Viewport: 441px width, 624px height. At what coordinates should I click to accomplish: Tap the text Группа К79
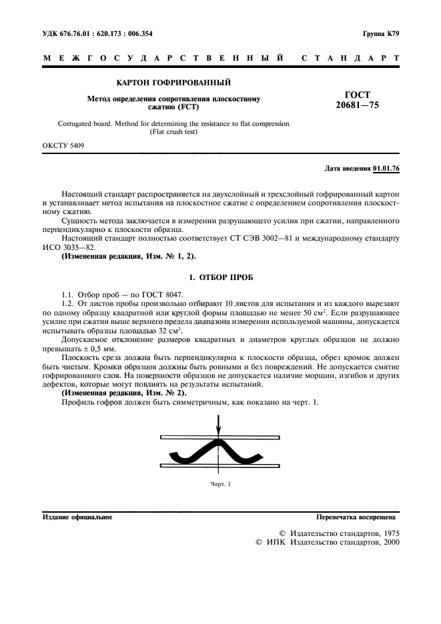pos(380,33)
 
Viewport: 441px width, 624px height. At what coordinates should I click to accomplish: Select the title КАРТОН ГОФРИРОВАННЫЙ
pos(173,83)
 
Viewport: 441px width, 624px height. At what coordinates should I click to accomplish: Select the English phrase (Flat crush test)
pos(173,131)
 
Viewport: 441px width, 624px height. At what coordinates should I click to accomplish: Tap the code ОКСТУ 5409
pos(63,145)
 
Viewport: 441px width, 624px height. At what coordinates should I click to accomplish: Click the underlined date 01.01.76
pos(386,169)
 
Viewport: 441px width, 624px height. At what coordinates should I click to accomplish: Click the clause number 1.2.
pos(67,303)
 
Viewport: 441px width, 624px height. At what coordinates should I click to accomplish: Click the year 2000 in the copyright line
pos(388,543)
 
